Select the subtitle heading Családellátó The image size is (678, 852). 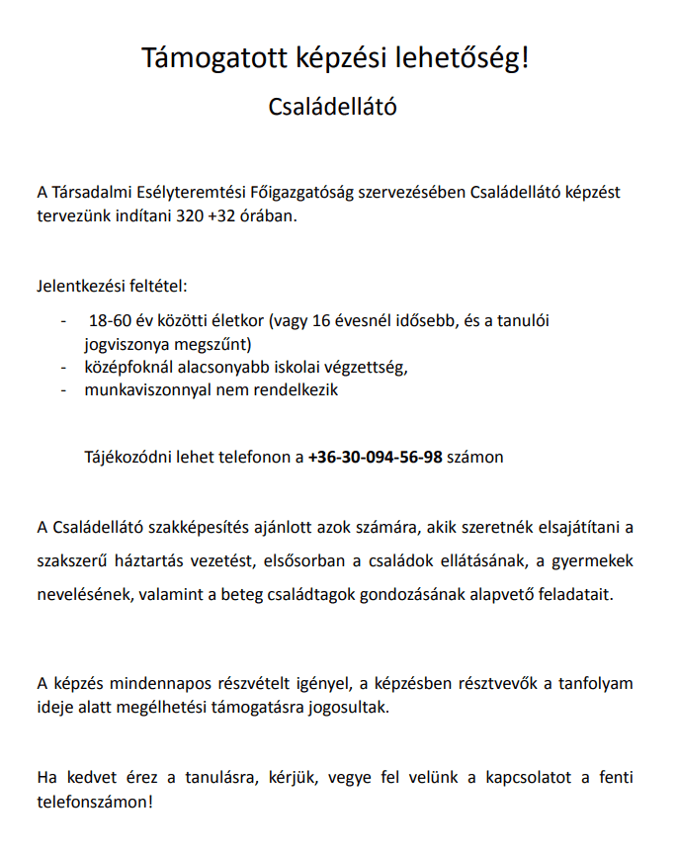tap(333, 107)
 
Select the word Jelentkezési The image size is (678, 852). tap(81, 287)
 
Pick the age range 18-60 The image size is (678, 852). tap(110, 322)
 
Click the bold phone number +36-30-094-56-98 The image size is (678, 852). tap(376, 457)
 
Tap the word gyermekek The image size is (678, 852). tap(598, 561)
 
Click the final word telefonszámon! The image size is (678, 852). tap(95, 800)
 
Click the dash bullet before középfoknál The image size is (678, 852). tap(64, 368)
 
